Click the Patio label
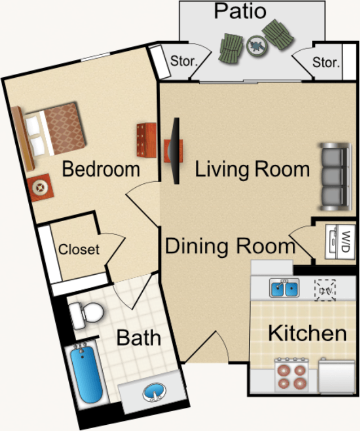(x=240, y=11)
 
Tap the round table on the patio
(x=257, y=46)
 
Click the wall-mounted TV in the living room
(x=175, y=151)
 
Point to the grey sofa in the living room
(x=336, y=177)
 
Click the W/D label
(x=345, y=241)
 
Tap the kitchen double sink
(x=284, y=288)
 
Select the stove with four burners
(x=292, y=376)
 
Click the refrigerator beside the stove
(x=337, y=376)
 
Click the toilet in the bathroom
(x=86, y=314)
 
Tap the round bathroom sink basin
(x=155, y=392)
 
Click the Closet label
(x=79, y=249)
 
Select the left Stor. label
(x=184, y=61)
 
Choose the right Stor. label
(x=326, y=63)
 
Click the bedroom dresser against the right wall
(x=147, y=140)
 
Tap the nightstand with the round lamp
(x=41, y=188)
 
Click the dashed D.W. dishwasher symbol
(x=325, y=291)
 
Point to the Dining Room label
(x=230, y=246)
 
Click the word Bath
(x=139, y=337)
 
